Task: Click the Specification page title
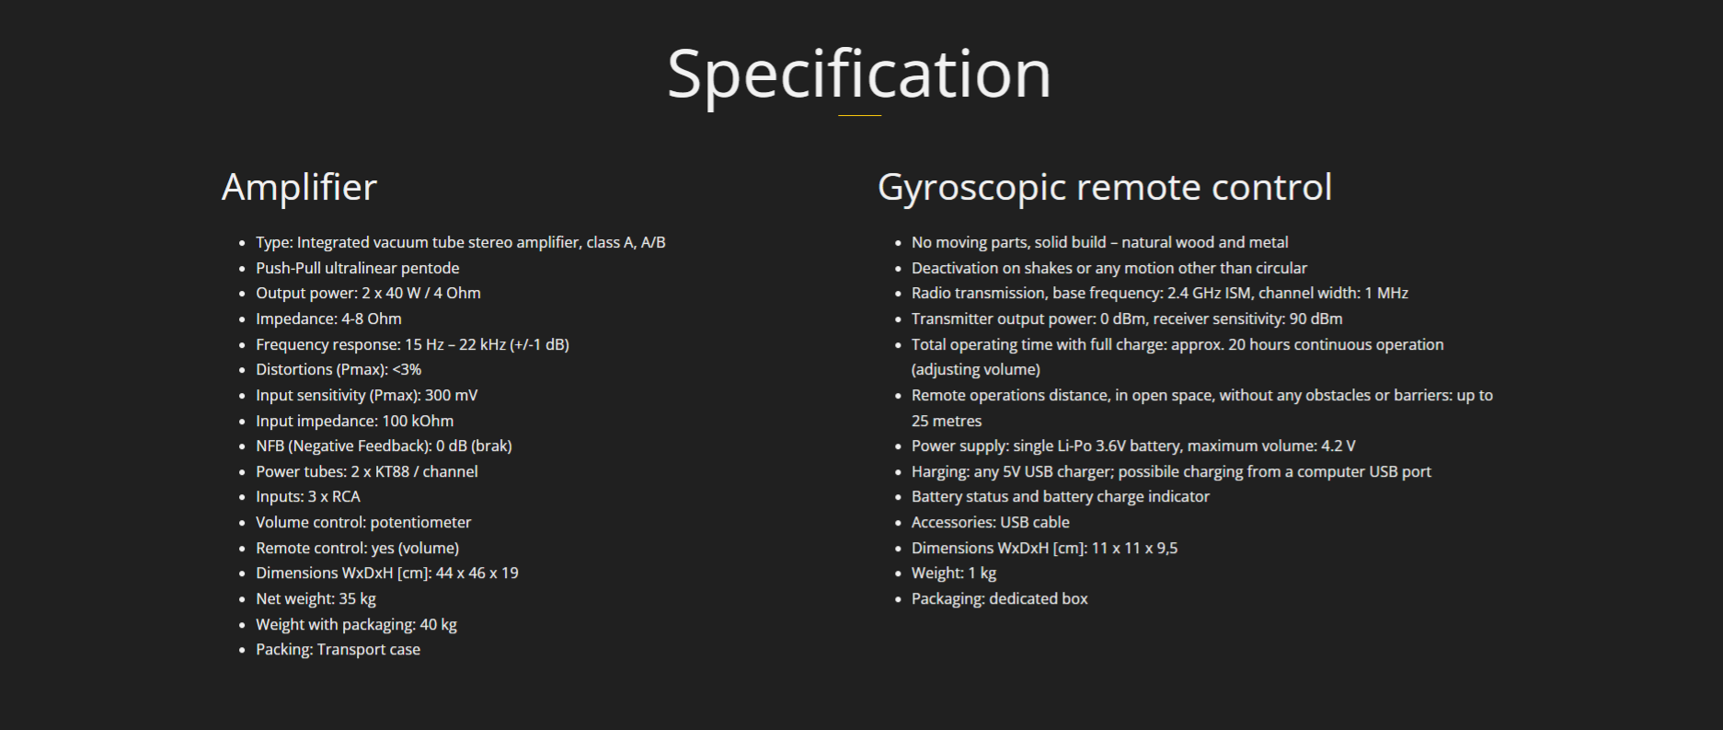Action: tap(859, 75)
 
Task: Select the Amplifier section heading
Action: tap(299, 188)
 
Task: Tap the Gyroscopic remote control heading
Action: tap(1105, 188)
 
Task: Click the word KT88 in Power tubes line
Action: tap(392, 471)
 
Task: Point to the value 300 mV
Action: tap(451, 395)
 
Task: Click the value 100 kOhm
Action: tap(418, 421)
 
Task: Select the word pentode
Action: tap(430, 268)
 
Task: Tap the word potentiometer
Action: tap(420, 522)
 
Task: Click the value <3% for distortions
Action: tap(407, 369)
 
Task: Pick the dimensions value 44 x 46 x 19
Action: tap(477, 573)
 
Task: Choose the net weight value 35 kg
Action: tap(357, 598)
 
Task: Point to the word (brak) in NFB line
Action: tap(491, 446)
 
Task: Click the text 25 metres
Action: tap(947, 421)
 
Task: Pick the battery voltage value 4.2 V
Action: tap(1338, 446)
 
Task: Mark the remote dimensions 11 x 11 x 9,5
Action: tap(1134, 548)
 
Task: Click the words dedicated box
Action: tap(1039, 598)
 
